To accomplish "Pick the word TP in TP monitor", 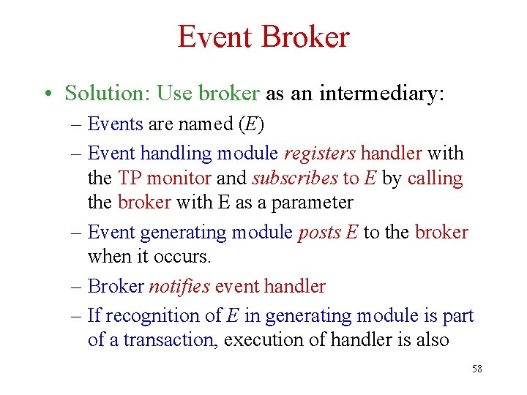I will (x=128, y=178).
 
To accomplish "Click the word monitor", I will (x=178, y=178).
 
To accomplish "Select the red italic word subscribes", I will (x=295, y=178).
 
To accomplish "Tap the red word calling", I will (x=436, y=178).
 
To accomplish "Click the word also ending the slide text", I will (x=429, y=340).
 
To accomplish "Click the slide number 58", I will (x=476, y=369).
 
